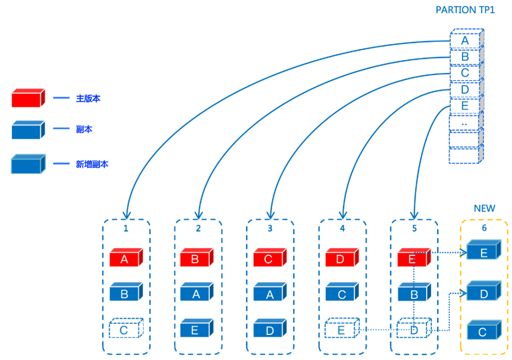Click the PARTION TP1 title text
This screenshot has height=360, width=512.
tap(465, 9)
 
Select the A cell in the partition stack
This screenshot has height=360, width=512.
tap(465, 41)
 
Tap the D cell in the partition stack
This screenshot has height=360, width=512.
tap(465, 90)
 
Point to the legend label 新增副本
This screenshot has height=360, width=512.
tap(92, 164)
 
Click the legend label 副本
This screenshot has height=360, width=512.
tap(84, 129)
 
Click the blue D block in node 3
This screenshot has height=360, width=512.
tap(270, 330)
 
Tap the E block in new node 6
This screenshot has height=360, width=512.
tap(484, 252)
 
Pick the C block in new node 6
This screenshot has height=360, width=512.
tap(483, 331)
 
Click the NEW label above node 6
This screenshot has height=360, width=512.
tap(484, 208)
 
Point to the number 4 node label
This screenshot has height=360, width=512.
tap(342, 228)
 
